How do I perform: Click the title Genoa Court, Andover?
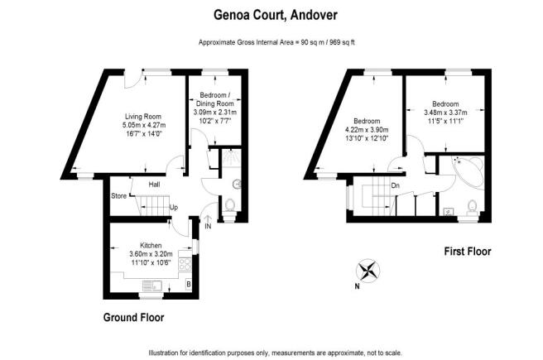coord(276,15)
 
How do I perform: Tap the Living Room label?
coord(143,117)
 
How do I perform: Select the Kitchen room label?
coord(151,246)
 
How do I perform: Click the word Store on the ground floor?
coord(119,196)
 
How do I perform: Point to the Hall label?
coord(154,185)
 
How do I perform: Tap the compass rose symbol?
coord(368,271)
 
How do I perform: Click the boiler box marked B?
coord(189,285)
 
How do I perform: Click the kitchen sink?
coord(152,286)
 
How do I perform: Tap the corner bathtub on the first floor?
coord(469,172)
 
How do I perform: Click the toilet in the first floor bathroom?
coord(472,208)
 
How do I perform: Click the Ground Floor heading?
coord(133,317)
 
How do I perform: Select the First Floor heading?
coord(468,251)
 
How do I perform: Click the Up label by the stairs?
coord(174,207)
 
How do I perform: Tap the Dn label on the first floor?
coord(395,185)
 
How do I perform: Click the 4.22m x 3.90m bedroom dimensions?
coord(367,130)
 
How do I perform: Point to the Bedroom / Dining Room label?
coord(215,99)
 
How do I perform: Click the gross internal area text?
coord(276,42)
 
